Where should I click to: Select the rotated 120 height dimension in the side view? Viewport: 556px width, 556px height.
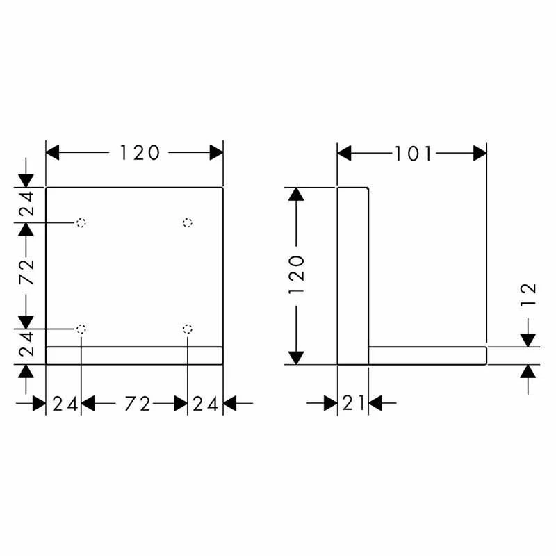point(297,275)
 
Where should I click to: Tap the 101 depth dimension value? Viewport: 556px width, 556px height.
point(414,154)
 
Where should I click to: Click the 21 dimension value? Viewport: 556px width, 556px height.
point(353,402)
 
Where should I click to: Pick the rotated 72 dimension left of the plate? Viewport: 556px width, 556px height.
point(26,275)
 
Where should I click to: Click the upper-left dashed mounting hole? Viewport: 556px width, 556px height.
point(81,222)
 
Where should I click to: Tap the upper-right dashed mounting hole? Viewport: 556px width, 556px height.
point(187,222)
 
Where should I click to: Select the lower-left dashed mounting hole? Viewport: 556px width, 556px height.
point(81,328)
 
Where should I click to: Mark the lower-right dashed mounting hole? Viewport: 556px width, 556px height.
point(187,328)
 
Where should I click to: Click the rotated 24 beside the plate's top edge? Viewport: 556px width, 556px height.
point(26,204)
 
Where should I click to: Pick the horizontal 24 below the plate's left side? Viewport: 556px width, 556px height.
point(65,403)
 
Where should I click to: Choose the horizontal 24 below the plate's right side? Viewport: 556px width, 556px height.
point(206,403)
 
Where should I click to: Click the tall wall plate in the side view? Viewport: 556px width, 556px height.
point(352,275)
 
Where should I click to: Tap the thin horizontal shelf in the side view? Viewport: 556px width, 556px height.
point(427,355)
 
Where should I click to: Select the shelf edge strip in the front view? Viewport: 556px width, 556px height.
point(134,354)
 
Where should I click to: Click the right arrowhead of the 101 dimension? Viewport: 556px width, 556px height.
point(480,154)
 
